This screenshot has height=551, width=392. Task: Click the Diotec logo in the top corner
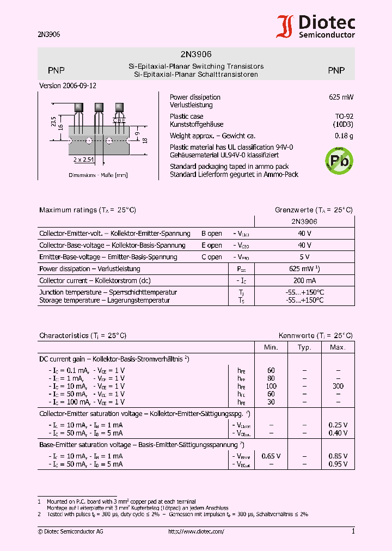click(x=316, y=26)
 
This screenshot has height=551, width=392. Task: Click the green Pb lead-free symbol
click(x=339, y=160)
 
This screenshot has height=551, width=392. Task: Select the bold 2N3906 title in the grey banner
click(x=196, y=54)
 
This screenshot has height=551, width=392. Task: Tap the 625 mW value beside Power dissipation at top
click(x=341, y=97)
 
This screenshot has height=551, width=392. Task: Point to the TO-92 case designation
click(x=344, y=117)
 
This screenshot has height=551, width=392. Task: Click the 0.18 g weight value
click(x=344, y=136)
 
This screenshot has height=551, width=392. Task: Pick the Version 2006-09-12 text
click(x=68, y=86)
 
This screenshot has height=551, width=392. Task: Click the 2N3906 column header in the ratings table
click(x=305, y=222)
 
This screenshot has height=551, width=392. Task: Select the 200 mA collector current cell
click(x=304, y=281)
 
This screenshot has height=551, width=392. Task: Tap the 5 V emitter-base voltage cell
click(x=304, y=257)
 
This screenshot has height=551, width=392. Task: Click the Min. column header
click(x=271, y=347)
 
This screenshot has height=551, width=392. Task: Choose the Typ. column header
click(x=304, y=347)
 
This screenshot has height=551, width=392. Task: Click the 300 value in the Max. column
click(x=338, y=386)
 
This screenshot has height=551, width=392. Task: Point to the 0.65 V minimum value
click(x=271, y=456)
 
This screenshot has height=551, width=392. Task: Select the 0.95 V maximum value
click(x=338, y=464)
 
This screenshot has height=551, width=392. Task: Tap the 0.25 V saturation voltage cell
click(x=338, y=425)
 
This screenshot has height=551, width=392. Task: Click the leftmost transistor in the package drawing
click(x=79, y=108)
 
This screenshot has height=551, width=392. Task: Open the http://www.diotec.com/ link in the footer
click(x=196, y=531)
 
